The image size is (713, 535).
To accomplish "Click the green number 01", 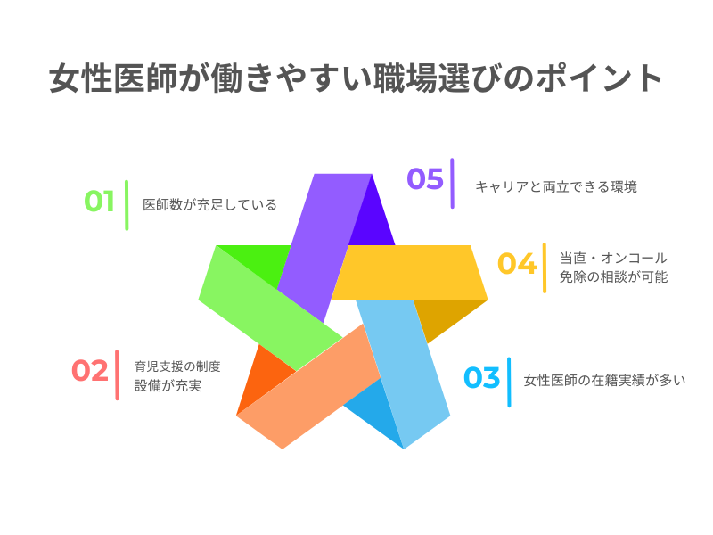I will pos(100,202).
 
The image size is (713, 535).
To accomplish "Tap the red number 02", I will pos(89,370).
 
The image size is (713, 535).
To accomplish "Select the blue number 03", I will pos(481,378).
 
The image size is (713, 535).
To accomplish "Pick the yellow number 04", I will pos(517,264).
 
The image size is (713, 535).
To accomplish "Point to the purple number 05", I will pos(425,178).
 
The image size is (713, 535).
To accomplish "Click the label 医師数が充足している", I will pos(209,204).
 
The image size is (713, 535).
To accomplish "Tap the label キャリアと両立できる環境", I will pos(555,187).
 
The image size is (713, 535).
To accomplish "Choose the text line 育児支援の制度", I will pos(177,366).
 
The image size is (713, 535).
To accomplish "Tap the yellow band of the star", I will pos(410,273).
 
